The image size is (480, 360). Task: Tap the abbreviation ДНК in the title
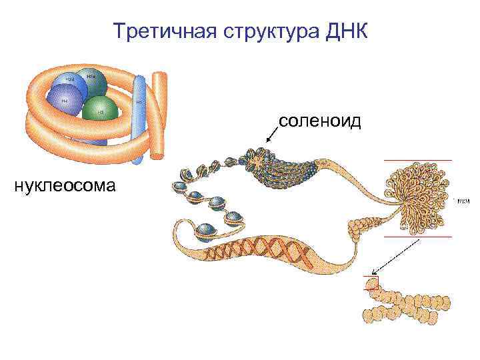click(x=347, y=31)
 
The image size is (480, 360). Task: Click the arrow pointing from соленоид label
click(x=271, y=134)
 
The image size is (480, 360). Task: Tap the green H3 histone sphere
click(x=101, y=109)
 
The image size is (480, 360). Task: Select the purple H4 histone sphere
click(x=65, y=100)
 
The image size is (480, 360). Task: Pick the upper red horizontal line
click(x=417, y=160)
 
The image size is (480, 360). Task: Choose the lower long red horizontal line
click(x=417, y=236)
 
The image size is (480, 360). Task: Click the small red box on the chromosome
click(x=371, y=283)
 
